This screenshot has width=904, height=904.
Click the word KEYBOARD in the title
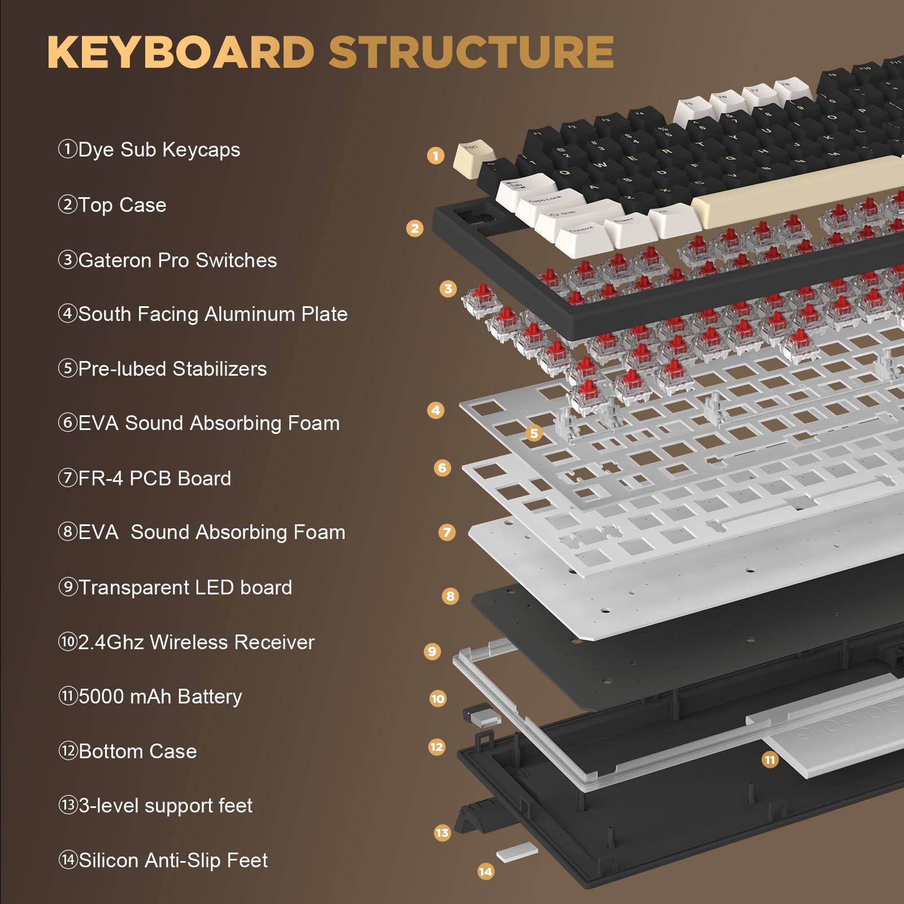click(x=181, y=52)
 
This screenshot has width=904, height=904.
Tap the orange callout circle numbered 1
click(x=436, y=155)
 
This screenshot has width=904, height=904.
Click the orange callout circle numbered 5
click(x=534, y=433)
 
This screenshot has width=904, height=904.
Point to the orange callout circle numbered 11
click(x=770, y=760)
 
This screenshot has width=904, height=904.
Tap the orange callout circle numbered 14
click(x=485, y=871)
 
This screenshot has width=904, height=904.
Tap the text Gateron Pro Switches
click(x=177, y=260)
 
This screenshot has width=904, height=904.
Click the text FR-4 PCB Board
click(x=154, y=479)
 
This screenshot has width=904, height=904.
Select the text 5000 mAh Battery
click(x=160, y=697)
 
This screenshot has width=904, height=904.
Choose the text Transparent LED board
click(x=185, y=588)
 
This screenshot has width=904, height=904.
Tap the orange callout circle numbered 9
click(x=432, y=651)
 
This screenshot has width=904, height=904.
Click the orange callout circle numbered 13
click(x=442, y=833)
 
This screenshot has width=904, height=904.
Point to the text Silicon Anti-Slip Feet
click(x=173, y=860)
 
